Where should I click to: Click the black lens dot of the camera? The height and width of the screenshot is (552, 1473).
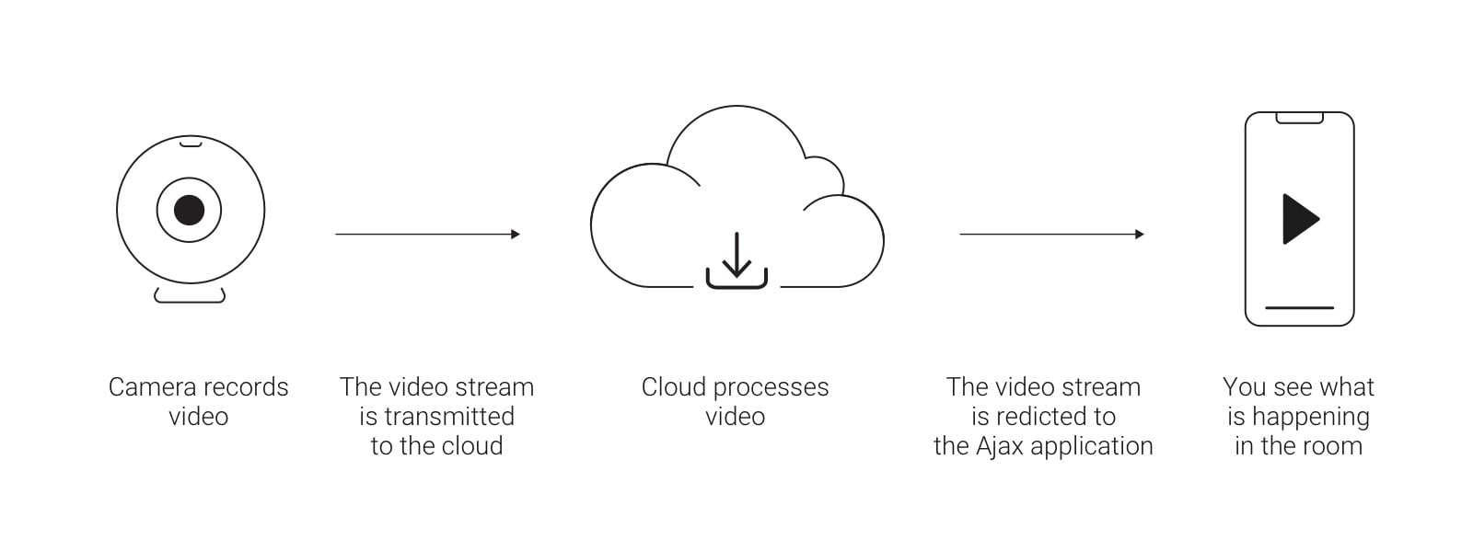[189, 210]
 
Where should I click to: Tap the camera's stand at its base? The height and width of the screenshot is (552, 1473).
[190, 296]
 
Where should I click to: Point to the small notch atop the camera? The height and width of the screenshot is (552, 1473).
[191, 143]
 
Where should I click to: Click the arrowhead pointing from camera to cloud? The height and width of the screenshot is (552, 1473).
[516, 235]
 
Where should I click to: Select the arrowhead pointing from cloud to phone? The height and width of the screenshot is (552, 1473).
[1140, 235]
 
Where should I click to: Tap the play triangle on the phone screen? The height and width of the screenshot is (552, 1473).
[1299, 219]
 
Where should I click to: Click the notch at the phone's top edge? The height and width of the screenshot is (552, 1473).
[1299, 118]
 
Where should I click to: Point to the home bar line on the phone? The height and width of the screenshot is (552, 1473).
[1299, 307]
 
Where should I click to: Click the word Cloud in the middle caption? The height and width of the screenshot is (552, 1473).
[673, 387]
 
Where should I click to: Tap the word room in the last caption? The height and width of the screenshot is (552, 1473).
[1332, 446]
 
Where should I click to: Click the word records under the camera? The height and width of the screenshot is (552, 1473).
[246, 387]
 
